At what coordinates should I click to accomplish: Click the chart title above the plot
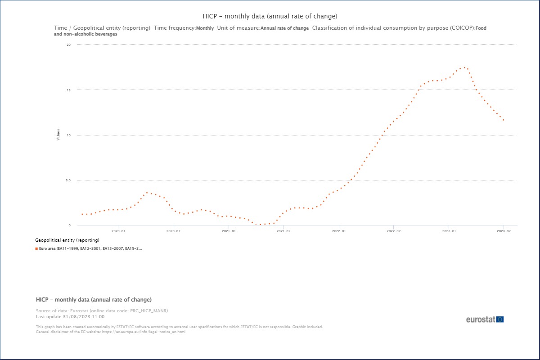270,17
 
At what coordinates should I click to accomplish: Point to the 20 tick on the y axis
68,45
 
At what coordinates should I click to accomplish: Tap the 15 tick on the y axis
68,90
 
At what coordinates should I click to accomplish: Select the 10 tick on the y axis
68,135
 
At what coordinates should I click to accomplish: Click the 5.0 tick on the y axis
67,180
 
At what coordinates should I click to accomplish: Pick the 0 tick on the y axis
70,225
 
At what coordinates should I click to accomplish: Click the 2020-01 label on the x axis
118,231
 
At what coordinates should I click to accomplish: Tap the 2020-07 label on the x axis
173,231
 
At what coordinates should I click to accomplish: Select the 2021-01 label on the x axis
229,231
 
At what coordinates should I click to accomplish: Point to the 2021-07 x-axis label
283,231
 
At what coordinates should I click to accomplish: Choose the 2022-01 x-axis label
339,231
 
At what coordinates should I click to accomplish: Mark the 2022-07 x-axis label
394,231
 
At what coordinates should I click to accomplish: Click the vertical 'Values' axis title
58,135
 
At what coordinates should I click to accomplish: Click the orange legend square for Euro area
36,248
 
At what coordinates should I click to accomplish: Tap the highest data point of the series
464,67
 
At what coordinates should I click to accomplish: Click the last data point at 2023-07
504,120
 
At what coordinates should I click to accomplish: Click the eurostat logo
485,319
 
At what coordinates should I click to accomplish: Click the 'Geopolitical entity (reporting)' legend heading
67,240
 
